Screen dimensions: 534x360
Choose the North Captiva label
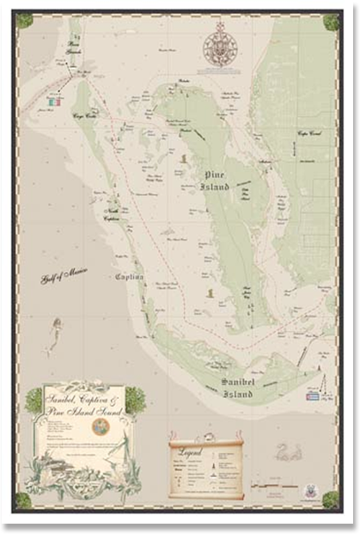tap(110, 214)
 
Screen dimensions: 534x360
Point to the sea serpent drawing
tap(287, 451)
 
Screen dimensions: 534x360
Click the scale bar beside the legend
tap(273, 487)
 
